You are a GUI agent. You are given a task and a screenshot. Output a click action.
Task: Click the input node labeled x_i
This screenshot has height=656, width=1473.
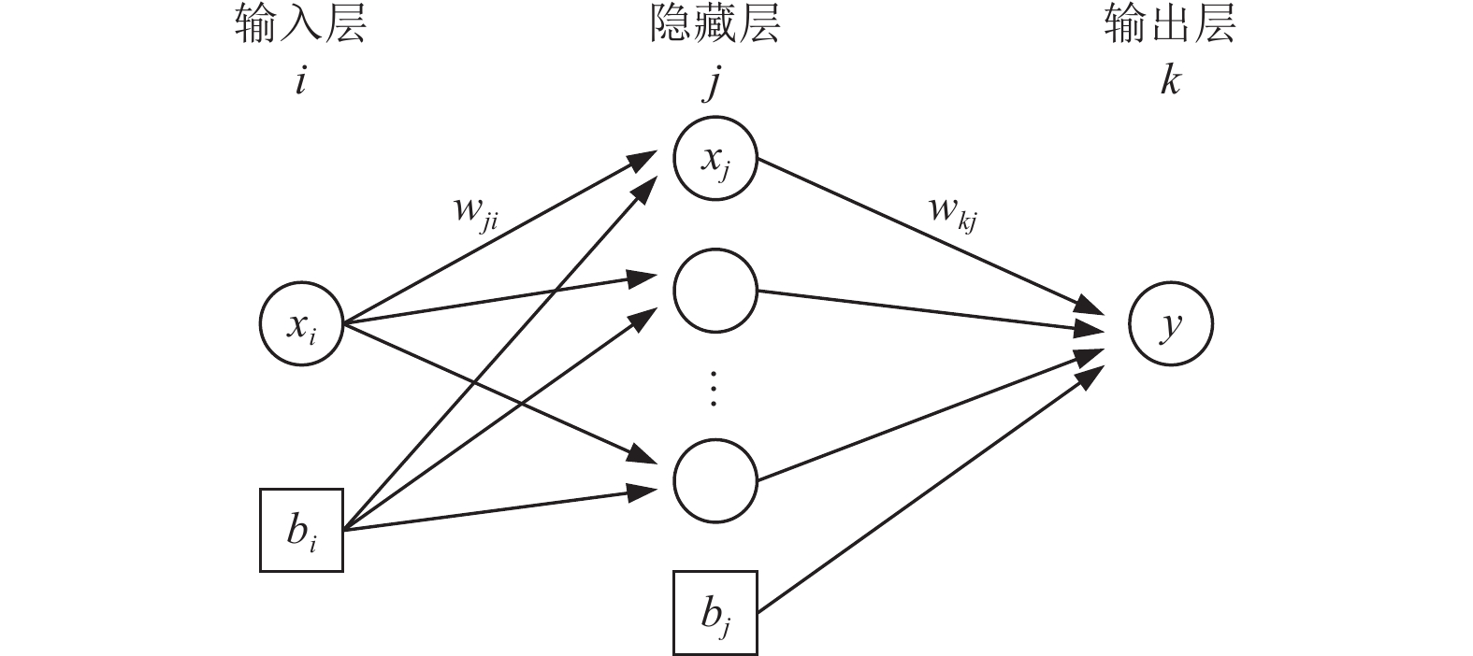[301, 324]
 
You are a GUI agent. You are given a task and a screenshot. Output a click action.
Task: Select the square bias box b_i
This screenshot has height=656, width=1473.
[301, 530]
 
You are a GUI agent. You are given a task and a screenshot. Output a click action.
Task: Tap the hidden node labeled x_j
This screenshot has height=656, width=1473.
[715, 160]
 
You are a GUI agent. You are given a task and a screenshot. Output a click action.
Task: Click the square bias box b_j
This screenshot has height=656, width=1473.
[715, 612]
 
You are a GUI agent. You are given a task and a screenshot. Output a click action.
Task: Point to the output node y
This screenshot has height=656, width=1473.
[1170, 324]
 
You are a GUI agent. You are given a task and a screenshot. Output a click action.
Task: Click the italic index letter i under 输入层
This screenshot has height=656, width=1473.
[300, 81]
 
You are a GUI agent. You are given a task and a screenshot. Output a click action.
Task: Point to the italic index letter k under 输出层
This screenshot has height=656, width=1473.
[1169, 80]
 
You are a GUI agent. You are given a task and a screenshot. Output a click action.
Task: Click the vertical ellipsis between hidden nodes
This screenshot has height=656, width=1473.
[714, 388]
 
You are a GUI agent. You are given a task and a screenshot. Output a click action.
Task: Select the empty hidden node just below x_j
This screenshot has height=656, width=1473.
[715, 291]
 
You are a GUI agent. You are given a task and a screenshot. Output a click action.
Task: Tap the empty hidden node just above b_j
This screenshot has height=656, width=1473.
[715, 480]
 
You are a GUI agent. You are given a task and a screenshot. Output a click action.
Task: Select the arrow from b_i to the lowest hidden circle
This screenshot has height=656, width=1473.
[496, 509]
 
